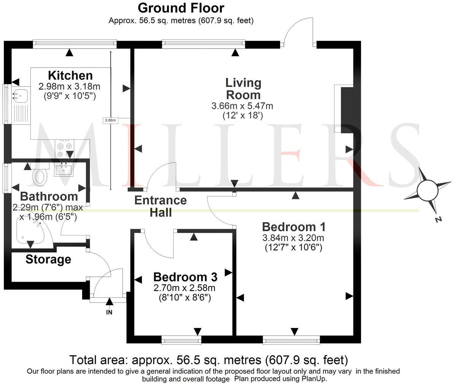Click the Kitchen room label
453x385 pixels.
70,75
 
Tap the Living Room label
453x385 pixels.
243,88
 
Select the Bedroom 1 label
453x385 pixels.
294,227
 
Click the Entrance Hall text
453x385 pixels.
161,206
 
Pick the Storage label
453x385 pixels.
48,260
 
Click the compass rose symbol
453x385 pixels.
427,189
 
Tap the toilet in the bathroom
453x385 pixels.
39,177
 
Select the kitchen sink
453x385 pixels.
19,95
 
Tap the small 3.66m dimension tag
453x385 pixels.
110,120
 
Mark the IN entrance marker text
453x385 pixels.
109,312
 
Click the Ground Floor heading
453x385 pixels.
181,8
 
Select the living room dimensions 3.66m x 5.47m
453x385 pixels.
242,106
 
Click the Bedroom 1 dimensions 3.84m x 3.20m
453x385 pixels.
293,238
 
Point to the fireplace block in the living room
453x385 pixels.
347,110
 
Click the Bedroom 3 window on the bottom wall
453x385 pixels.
181,340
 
